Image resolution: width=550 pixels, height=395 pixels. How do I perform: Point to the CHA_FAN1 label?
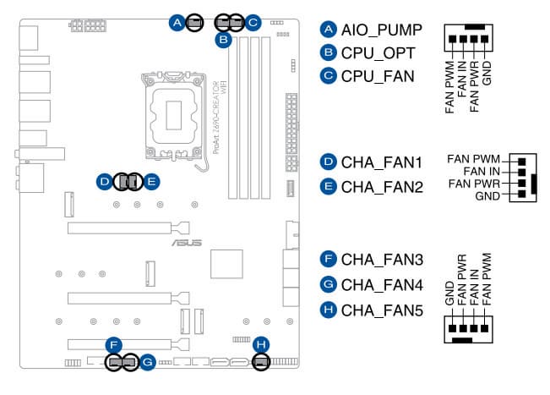pyautogui.click(x=381, y=162)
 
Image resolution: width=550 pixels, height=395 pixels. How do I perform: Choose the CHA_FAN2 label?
pyautogui.click(x=381, y=186)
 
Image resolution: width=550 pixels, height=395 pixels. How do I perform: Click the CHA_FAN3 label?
pyautogui.click(x=381, y=258)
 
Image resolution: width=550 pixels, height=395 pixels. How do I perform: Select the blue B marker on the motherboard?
pyautogui.click(x=223, y=39)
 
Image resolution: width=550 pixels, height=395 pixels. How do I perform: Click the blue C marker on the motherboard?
pyautogui.click(x=253, y=22)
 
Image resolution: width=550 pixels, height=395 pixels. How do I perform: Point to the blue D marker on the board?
pyautogui.click(x=103, y=181)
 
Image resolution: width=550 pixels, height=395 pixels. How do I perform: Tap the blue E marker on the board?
pyautogui.click(x=150, y=181)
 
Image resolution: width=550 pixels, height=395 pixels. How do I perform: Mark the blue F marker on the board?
pyautogui.click(x=114, y=344)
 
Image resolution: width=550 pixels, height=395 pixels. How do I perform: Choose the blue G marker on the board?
pyautogui.click(x=147, y=363)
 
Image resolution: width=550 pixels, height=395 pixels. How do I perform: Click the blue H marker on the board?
pyautogui.click(x=262, y=344)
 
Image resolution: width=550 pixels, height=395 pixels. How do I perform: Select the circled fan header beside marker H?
pyautogui.click(x=261, y=362)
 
